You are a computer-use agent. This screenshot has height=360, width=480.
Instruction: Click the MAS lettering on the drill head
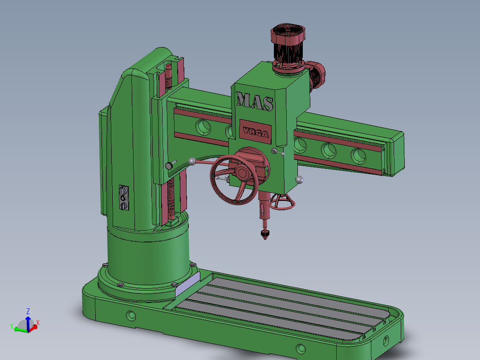pos(255,101)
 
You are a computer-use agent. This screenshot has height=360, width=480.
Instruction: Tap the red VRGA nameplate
pos(255,132)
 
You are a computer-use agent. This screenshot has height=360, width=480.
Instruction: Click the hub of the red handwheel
pos(242,173)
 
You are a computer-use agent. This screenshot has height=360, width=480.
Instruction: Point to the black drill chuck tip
pos(265,234)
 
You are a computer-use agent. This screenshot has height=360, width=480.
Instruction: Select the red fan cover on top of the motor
pos(288,33)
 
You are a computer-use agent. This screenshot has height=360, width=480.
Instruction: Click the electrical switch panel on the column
pos(124,198)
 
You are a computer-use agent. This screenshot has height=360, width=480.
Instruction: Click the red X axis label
pos(38,322)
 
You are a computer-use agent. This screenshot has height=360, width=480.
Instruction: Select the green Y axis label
pos(12,326)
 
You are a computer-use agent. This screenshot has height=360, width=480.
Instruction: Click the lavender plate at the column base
pos(187,284)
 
